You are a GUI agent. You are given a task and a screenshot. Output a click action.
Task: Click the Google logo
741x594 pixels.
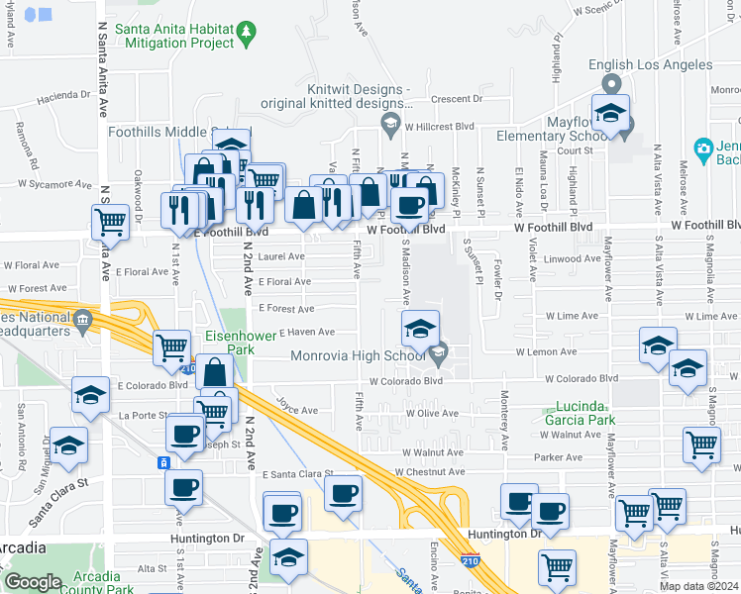pyautogui.click(x=33, y=582)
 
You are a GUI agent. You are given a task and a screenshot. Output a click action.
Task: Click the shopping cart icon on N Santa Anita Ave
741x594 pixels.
pyautogui.click(x=111, y=223)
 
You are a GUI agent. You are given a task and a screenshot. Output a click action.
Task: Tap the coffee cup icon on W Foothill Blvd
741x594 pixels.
pyautogui.click(x=408, y=206)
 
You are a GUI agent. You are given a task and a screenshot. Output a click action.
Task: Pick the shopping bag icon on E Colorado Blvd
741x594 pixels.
pyautogui.click(x=214, y=373)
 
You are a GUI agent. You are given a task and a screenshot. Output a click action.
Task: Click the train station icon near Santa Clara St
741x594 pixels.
pyautogui.click(x=163, y=462)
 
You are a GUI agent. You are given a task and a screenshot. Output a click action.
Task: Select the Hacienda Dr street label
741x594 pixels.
pyautogui.click(x=64, y=96)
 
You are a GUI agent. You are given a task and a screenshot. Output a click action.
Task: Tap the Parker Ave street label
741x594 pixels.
pyautogui.click(x=558, y=457)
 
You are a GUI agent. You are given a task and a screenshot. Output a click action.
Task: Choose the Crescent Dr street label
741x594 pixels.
pyautogui.click(x=456, y=99)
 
